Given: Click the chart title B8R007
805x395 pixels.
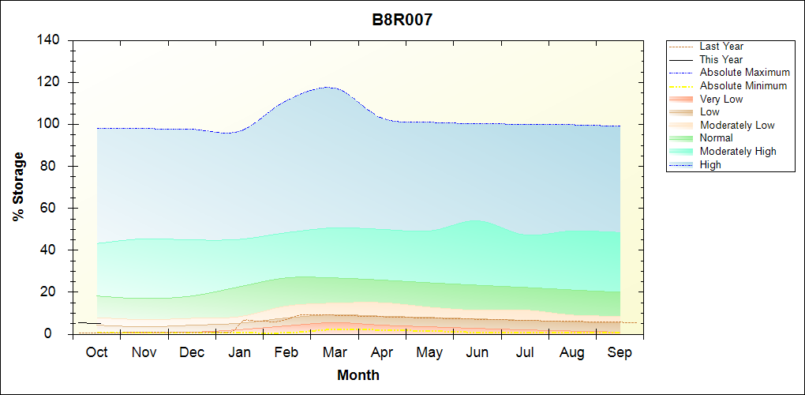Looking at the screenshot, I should (402, 21).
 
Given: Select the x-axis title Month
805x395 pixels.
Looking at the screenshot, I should (358, 375).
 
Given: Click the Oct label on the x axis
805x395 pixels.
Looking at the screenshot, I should (97, 352).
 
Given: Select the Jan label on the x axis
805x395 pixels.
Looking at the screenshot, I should (240, 352).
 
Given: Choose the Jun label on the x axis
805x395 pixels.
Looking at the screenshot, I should (477, 352).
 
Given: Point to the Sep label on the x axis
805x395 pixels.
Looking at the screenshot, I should (620, 352).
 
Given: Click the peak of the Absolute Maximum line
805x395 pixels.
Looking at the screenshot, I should (328, 87).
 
